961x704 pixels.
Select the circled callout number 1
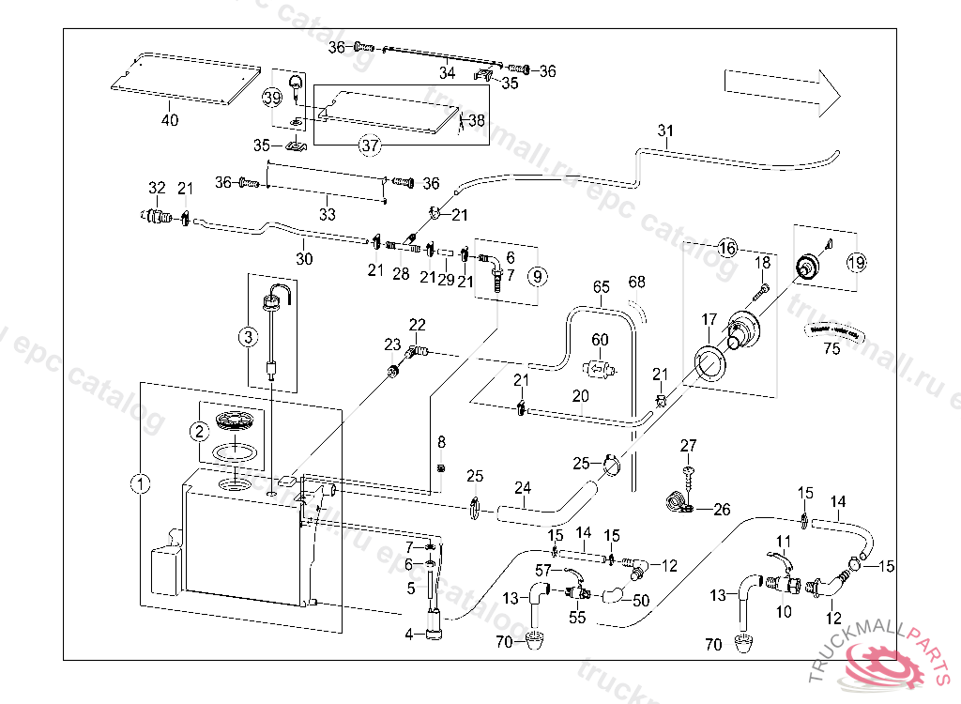pos(140,484)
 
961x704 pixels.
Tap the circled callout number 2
pos(199,431)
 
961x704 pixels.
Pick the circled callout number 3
pos(248,336)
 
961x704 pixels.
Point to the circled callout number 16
pos(727,249)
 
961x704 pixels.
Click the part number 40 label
pos(169,120)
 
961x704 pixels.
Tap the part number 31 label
pos(665,130)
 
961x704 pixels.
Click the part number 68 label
pos(637,282)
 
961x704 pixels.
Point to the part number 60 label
pos(600,339)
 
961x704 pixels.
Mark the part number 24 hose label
pos(523,487)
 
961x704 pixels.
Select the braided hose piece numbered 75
pos(832,329)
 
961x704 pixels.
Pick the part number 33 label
pos(328,214)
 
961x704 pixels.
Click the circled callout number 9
pos(537,277)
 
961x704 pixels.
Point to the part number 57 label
pos(543,570)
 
